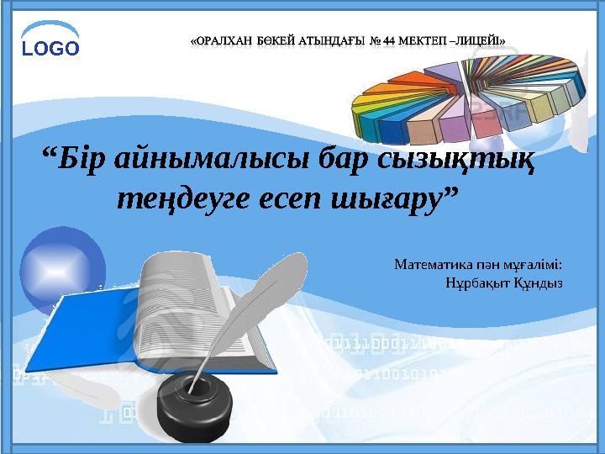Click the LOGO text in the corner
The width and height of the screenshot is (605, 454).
tap(50, 48)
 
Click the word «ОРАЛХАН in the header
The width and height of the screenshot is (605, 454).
tap(223, 39)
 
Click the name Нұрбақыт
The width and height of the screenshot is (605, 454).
tap(477, 282)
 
